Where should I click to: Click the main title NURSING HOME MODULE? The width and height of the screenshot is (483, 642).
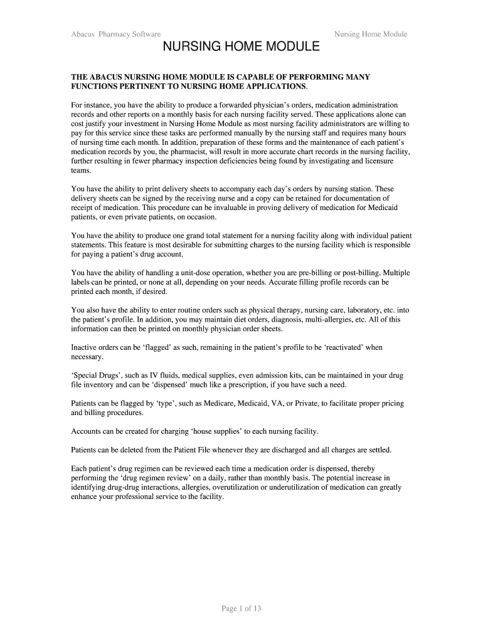click(x=242, y=48)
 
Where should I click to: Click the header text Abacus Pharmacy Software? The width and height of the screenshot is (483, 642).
click(x=116, y=34)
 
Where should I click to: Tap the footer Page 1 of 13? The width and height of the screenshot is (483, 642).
click(x=242, y=609)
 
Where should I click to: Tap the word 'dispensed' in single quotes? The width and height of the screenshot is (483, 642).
click(x=169, y=385)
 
